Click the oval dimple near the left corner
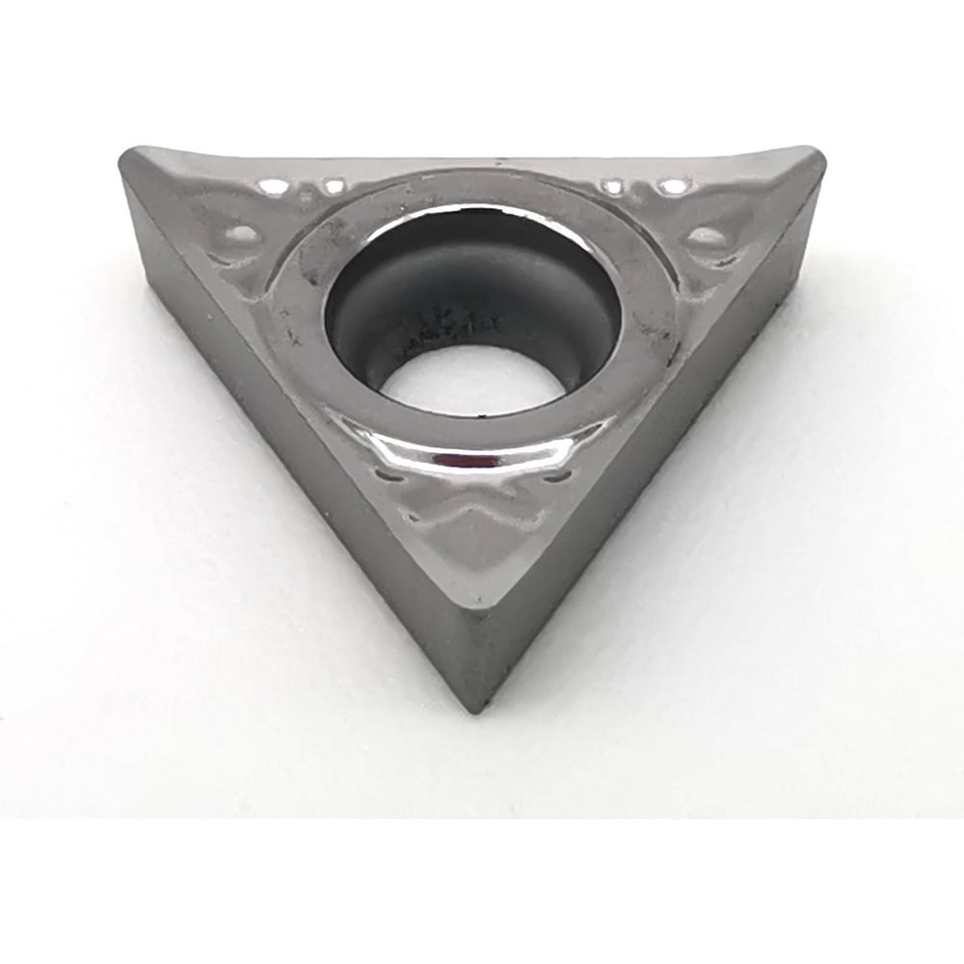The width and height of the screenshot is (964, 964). (x=241, y=232)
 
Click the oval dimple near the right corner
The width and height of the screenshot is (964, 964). (x=707, y=235)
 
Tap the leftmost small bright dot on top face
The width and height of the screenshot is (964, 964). (x=274, y=186)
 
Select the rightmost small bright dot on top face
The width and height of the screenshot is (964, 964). (x=672, y=184)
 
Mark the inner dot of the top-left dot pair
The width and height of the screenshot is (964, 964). (x=334, y=186)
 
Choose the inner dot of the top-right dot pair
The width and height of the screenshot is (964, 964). (x=612, y=184)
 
